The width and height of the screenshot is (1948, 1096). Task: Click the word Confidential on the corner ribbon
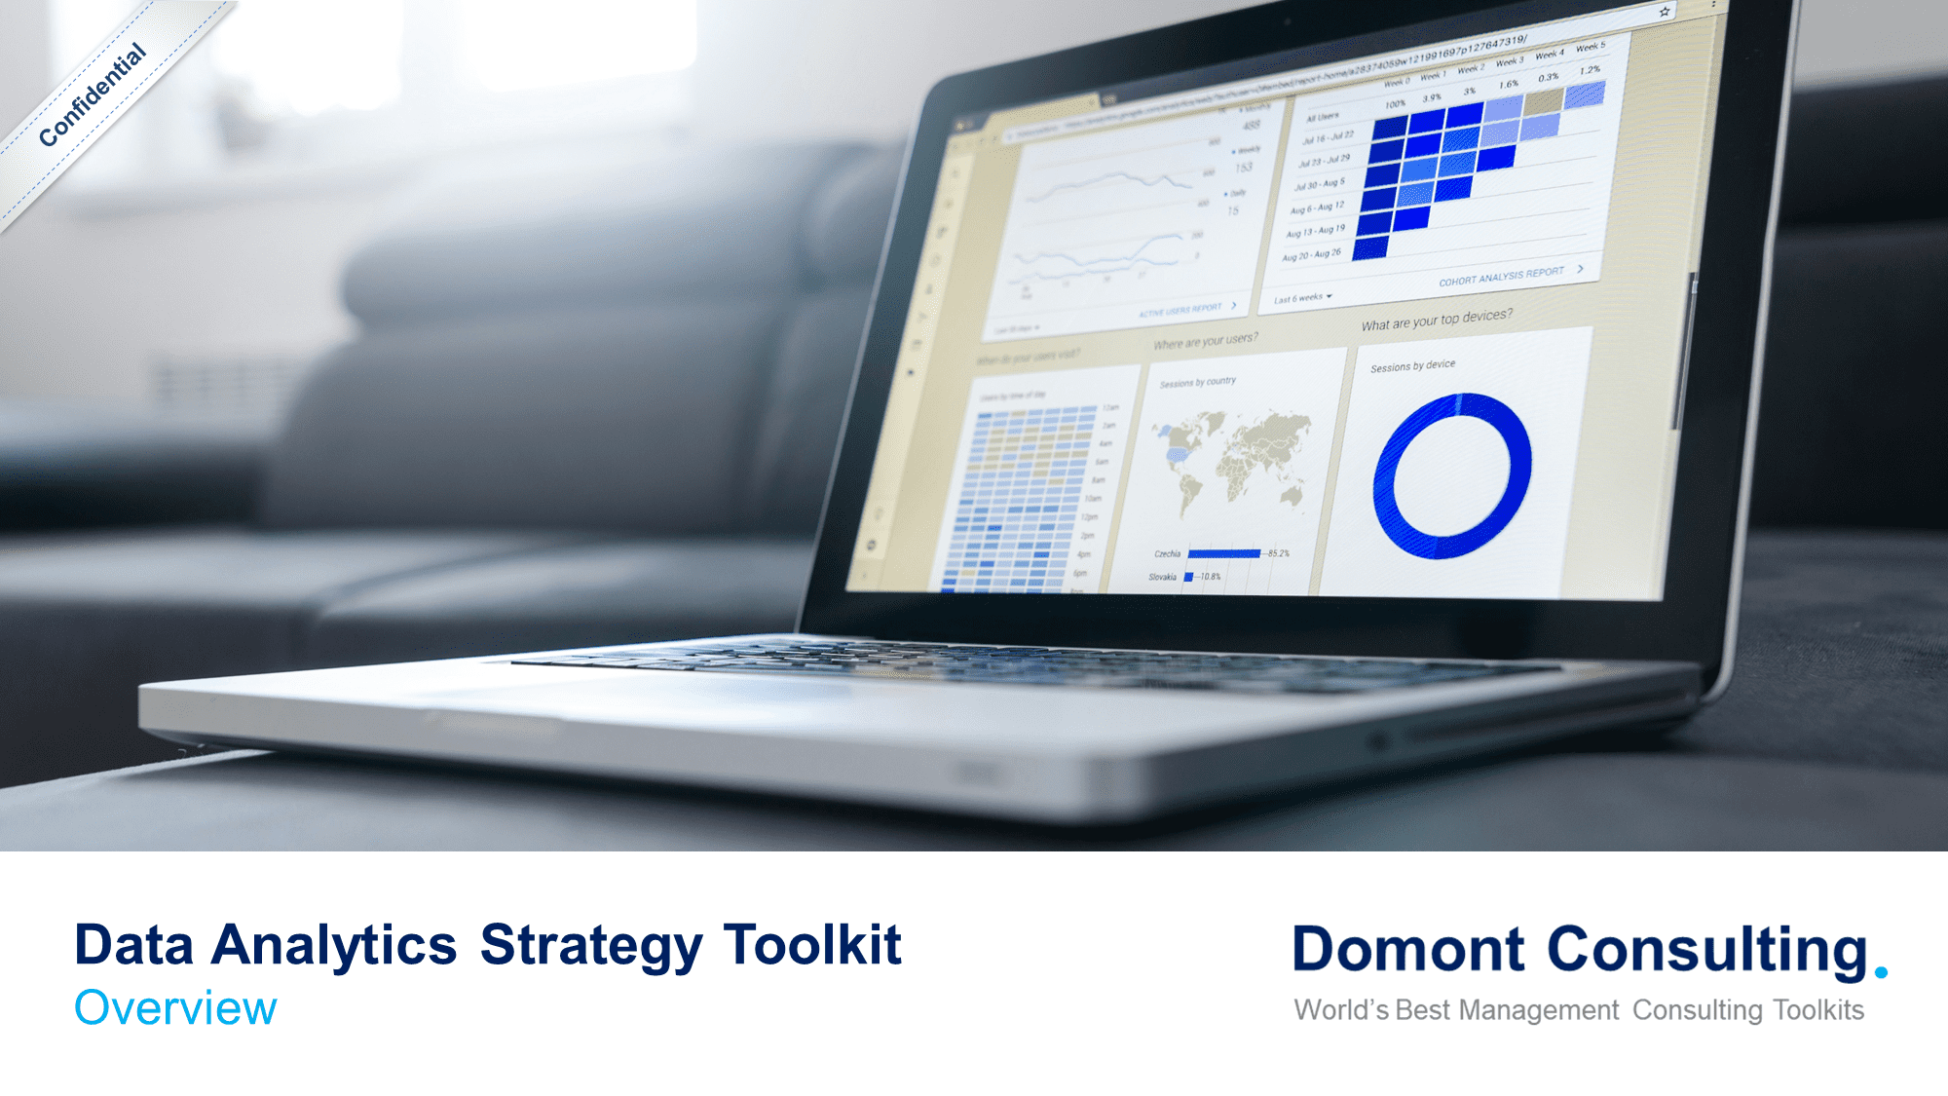(x=93, y=95)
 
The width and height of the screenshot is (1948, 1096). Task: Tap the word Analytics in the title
(x=334, y=945)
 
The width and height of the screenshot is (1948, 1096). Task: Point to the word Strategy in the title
(x=591, y=945)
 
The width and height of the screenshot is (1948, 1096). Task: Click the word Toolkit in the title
(x=812, y=945)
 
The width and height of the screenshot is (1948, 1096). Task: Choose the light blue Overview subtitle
(x=175, y=1008)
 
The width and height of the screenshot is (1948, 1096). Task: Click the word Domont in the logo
(x=1407, y=950)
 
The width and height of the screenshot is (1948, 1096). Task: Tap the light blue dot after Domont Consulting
(x=1881, y=972)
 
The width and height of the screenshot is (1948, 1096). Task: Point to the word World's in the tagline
(x=1341, y=1010)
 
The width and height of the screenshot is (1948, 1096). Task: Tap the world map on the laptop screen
(x=1232, y=458)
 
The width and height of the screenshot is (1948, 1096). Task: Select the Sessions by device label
(x=1412, y=366)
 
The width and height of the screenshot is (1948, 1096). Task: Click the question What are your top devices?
(x=1437, y=320)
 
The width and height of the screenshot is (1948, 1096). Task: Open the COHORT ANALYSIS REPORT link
(x=1501, y=277)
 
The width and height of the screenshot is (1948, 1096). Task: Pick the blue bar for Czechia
(x=1223, y=554)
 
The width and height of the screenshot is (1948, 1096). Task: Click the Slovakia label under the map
(x=1162, y=578)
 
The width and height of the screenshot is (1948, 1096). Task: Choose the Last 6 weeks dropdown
(x=1302, y=298)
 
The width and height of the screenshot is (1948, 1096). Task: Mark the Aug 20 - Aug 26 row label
(x=1311, y=255)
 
